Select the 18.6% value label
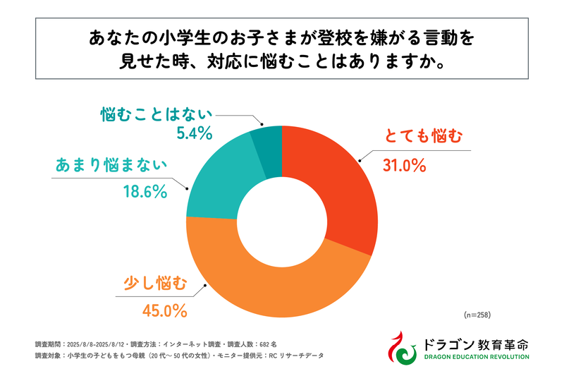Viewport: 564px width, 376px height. click(144, 190)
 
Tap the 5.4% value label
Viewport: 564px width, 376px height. click(190, 133)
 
